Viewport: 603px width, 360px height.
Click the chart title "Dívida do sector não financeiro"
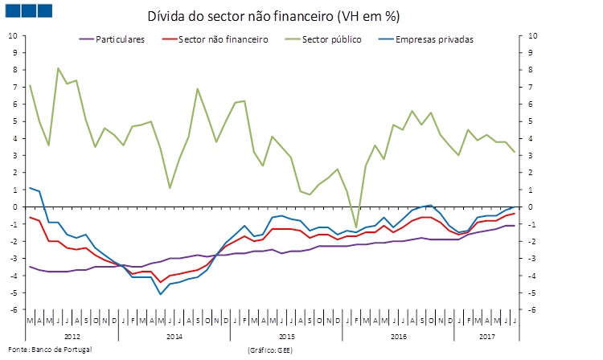pos(273,16)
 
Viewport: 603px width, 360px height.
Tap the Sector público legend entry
pos(325,39)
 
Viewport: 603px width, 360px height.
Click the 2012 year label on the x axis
pos(72,337)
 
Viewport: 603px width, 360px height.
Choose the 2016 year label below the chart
pos(400,337)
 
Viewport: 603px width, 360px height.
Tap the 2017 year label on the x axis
pos(486,337)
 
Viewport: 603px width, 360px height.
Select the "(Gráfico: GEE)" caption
pos(273,350)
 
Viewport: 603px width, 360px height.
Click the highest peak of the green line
pos(59,68)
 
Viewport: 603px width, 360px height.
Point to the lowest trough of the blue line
pos(161,294)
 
